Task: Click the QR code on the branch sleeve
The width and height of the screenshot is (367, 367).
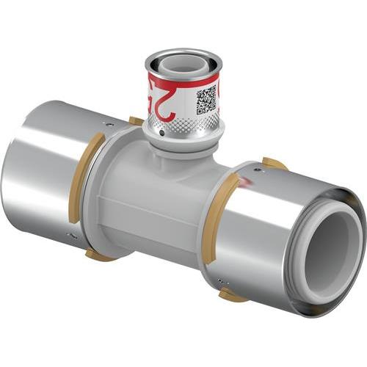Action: [206, 99]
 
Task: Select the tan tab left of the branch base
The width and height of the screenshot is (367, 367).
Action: [136, 121]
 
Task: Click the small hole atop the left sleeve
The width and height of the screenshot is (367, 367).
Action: [109, 126]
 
